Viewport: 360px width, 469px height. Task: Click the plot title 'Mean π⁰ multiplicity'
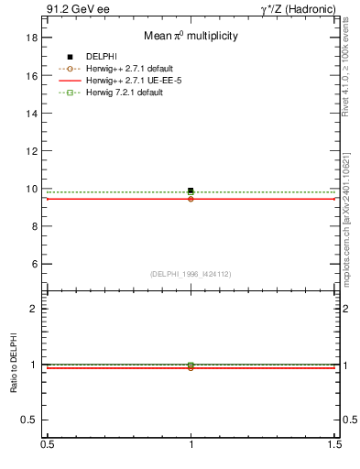pos(191,36)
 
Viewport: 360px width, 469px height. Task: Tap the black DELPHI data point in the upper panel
pos(191,191)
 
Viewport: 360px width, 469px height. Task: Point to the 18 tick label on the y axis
pos(31,38)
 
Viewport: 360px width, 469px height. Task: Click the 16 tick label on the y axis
pos(31,76)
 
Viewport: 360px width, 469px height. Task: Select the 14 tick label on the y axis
pos(31,114)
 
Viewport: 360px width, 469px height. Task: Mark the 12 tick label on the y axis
pos(31,151)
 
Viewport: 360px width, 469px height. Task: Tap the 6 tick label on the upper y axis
pos(34,264)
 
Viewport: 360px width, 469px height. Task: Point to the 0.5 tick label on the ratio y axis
pos(29,420)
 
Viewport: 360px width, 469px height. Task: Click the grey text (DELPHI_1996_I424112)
pos(191,274)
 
